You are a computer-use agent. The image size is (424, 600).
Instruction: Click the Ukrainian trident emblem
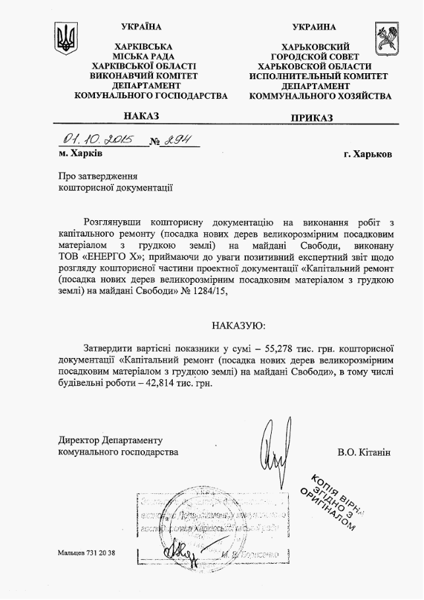65,40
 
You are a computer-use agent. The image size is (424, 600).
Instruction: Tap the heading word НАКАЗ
141,116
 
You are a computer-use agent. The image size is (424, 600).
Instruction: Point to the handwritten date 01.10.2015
98,140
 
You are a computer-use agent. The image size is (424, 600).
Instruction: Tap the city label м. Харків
80,154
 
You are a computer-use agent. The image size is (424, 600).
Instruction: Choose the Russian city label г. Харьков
367,154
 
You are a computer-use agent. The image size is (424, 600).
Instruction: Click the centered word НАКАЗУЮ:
239,325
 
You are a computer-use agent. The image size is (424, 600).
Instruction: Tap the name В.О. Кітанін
364,453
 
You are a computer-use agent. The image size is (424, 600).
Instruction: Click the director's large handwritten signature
274,449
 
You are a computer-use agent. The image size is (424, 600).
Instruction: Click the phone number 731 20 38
100,552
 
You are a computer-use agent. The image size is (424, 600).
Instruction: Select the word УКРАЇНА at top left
142,27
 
